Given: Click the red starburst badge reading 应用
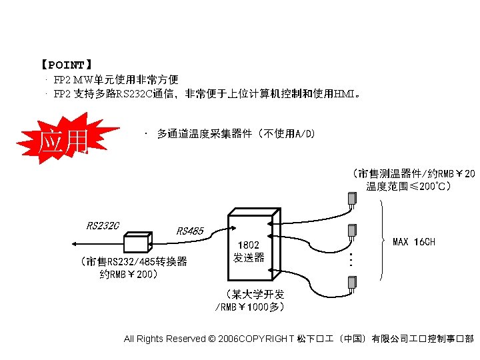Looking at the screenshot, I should (x=64, y=141).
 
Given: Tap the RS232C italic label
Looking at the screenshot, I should (x=103, y=225).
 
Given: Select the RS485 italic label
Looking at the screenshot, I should (x=190, y=231).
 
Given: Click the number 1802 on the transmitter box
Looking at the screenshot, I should (x=249, y=245).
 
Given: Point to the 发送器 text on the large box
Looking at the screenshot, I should (x=249, y=257).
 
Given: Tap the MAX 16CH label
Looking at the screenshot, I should (x=414, y=241).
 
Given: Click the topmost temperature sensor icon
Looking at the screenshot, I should (x=351, y=199).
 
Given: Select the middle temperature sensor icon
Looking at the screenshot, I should (x=351, y=231).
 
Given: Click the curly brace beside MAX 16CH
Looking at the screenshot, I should (x=384, y=240).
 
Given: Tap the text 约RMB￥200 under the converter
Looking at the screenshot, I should (x=128, y=274).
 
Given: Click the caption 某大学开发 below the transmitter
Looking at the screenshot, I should (x=255, y=294).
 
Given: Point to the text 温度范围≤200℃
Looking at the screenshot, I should (x=408, y=187).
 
